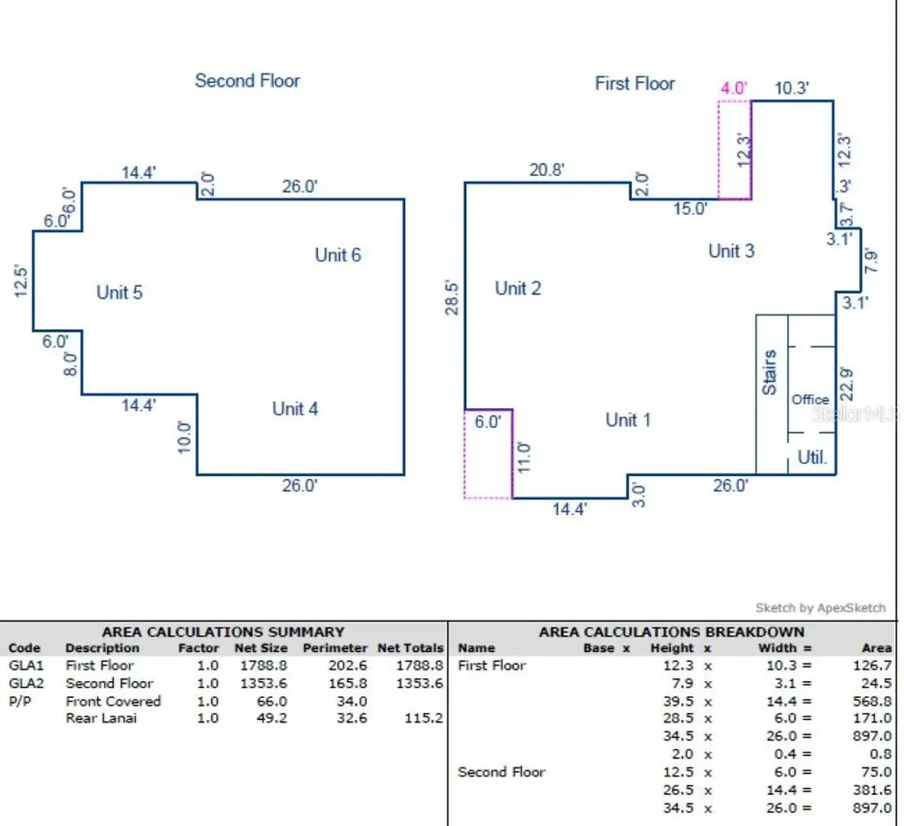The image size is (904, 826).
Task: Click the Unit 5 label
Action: (119, 292)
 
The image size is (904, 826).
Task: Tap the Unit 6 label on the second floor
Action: (338, 255)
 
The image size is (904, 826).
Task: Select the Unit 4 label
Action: (295, 409)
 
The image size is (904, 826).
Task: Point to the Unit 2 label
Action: (518, 288)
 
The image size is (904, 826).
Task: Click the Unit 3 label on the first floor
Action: (732, 251)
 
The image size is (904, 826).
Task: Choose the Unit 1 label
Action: (629, 420)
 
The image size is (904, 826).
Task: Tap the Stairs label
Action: (770, 372)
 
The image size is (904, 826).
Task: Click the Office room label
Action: (810, 399)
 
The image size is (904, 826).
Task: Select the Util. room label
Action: (812, 458)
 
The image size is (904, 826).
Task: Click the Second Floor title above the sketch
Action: (247, 80)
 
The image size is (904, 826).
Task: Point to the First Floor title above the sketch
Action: (635, 84)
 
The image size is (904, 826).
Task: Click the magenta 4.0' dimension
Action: (734, 88)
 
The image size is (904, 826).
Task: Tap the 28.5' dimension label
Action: (452, 298)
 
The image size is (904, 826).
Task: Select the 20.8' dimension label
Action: (546, 171)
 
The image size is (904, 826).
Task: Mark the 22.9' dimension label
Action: (846, 383)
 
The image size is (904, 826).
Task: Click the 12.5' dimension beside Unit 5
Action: (21, 282)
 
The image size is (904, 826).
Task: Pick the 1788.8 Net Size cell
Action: (263, 665)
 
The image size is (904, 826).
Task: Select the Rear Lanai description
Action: (101, 718)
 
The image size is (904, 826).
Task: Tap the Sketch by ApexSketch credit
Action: (820, 608)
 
